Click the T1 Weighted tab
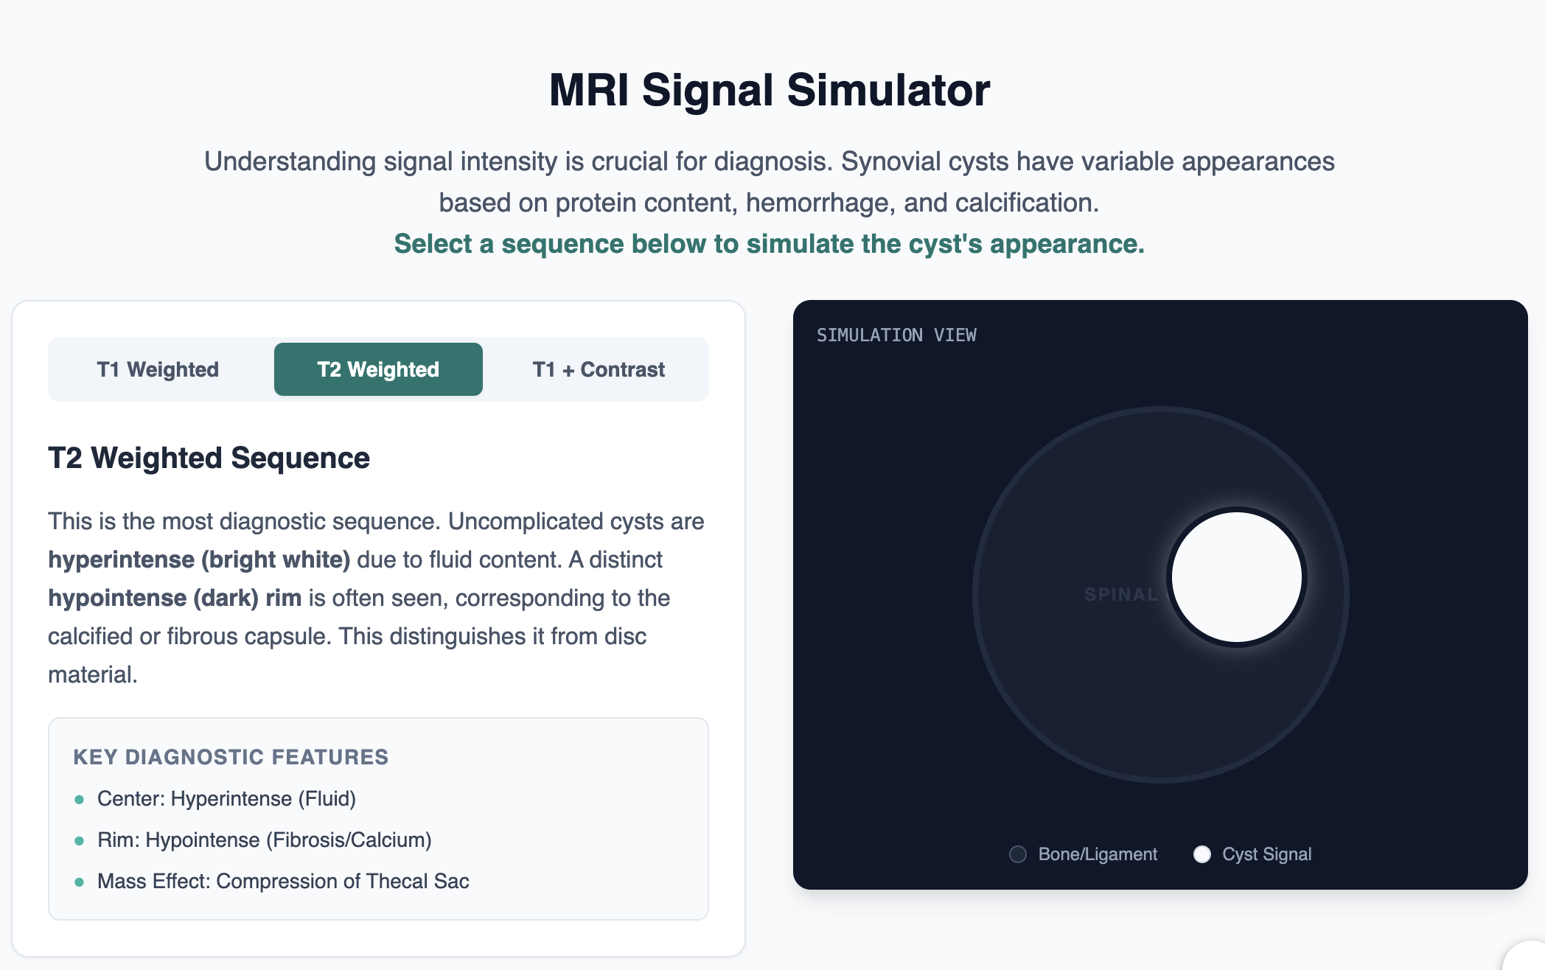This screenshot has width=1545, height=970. [x=158, y=369]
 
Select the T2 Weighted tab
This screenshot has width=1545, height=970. [x=378, y=369]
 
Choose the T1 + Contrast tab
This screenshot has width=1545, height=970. [x=599, y=369]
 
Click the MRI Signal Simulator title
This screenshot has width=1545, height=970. [x=770, y=90]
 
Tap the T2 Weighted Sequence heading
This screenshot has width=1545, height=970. [x=209, y=458]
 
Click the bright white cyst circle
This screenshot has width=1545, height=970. [x=1237, y=576]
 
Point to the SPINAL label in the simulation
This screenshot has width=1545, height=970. [x=1120, y=594]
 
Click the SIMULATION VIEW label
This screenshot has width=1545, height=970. [x=896, y=335]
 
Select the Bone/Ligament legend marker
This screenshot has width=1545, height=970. [x=1018, y=854]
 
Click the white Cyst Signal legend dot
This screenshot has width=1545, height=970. [x=1202, y=854]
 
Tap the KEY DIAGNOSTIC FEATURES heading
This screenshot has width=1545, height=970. [x=231, y=757]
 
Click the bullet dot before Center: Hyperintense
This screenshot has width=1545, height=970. [x=80, y=800]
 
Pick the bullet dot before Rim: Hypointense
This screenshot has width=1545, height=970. [x=80, y=841]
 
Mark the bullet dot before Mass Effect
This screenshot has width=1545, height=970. [x=80, y=882]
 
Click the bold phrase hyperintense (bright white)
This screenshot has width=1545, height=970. [x=199, y=559]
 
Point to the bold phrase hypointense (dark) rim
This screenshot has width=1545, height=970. [x=175, y=598]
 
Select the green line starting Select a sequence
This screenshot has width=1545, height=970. [x=769, y=244]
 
